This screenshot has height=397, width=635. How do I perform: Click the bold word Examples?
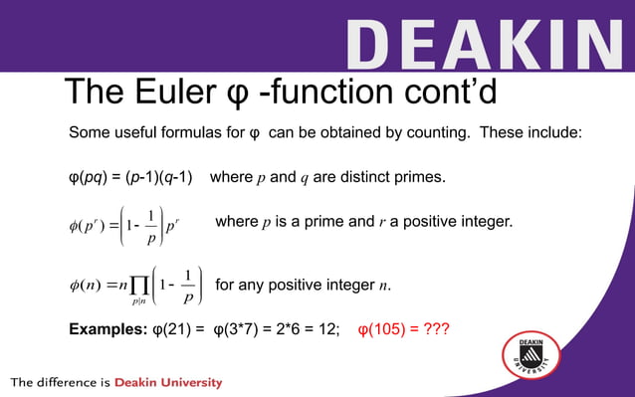point(106,329)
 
